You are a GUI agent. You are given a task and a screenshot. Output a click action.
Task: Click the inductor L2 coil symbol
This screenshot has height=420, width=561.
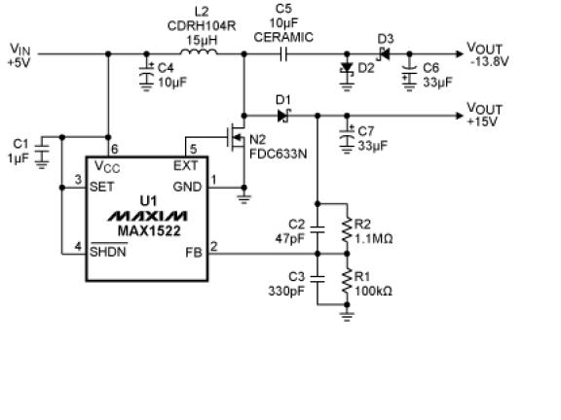[x=199, y=52]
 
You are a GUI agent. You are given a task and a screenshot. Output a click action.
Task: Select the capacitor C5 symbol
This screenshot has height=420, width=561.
[x=283, y=54]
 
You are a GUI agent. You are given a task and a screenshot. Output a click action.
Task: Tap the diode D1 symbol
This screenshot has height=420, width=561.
[x=284, y=116]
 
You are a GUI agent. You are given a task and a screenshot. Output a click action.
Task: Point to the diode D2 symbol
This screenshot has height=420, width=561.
[x=347, y=68]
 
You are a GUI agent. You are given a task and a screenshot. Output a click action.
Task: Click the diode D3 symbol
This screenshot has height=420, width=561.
[x=385, y=54]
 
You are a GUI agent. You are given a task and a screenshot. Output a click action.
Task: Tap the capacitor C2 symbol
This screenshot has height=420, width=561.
[x=318, y=229]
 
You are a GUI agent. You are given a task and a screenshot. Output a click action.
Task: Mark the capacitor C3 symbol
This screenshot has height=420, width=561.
[x=318, y=279]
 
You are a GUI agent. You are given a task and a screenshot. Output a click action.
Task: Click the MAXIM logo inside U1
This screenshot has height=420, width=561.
[x=147, y=216]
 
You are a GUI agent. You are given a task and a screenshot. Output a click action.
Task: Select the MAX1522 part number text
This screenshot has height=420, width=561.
[x=149, y=231]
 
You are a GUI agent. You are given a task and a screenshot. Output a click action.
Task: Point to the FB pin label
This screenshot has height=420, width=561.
[x=194, y=252]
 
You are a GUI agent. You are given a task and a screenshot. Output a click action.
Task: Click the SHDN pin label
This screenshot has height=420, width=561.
[x=108, y=252]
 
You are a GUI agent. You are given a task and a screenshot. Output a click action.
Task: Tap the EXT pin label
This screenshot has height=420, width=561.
[x=185, y=165]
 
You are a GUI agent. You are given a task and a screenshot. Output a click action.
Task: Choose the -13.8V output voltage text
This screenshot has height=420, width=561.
[x=489, y=61]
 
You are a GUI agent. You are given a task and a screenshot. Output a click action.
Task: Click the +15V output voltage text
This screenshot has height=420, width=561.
[x=482, y=122]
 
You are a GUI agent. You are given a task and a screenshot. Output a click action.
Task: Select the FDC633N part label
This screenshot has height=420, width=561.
[x=278, y=154]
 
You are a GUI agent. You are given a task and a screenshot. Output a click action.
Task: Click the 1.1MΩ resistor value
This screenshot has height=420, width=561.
[x=373, y=238]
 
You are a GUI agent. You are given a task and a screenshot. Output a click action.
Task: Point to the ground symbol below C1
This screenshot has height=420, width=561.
[x=42, y=164]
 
